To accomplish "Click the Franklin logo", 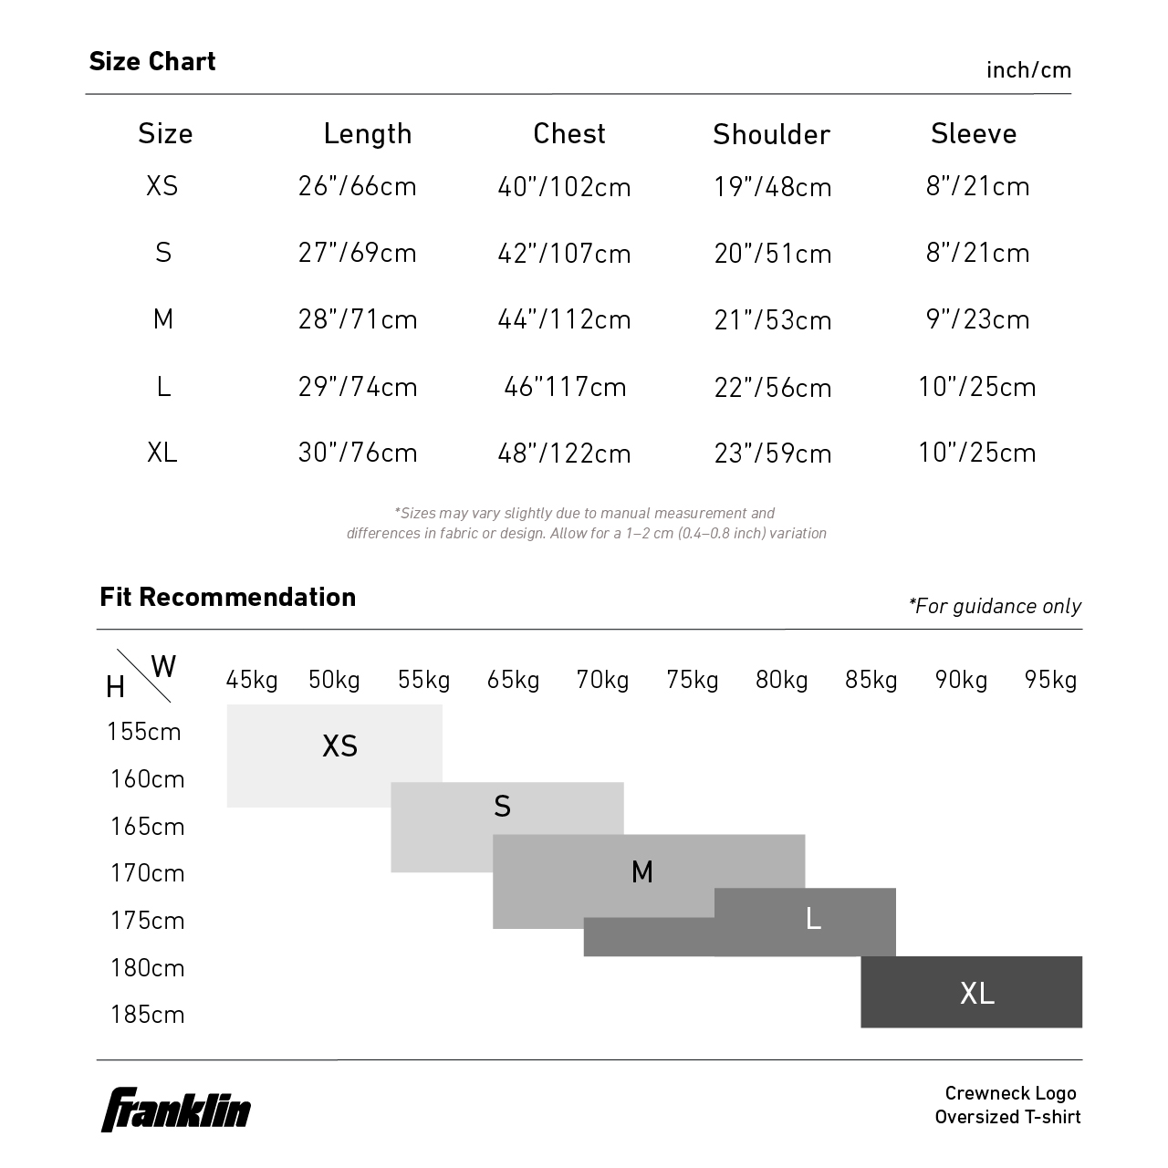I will (175, 1110).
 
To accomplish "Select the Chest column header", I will (569, 134).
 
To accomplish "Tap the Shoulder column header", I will (771, 135).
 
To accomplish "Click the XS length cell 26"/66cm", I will (357, 186).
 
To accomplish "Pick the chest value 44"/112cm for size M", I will (564, 319).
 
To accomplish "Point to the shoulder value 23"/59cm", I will (773, 454).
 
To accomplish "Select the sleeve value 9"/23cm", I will (977, 319).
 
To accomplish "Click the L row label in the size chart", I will (163, 387).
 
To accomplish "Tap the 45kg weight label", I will (252, 680).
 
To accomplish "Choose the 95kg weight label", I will (1050, 680).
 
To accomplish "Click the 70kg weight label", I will (602, 680).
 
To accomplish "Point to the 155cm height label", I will (144, 732).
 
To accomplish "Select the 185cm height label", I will (147, 1015).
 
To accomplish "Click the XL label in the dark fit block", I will (976, 993).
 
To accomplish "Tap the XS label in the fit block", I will (339, 746).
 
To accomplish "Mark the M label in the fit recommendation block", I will (642, 872).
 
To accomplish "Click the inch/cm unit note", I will (1028, 70).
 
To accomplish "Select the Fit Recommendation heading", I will (227, 597).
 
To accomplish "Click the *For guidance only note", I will (995, 606).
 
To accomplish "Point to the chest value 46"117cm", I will (565, 387).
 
